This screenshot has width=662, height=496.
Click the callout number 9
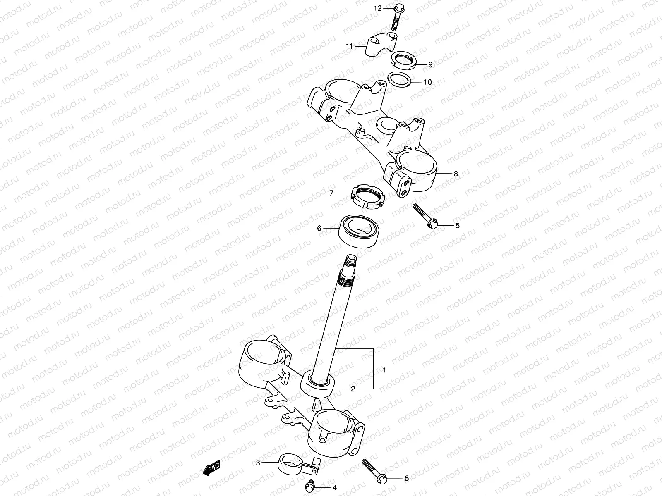(x=430, y=64)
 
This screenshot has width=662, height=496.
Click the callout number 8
(x=456, y=174)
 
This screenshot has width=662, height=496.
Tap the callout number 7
(x=331, y=193)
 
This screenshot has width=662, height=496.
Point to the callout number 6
(x=319, y=228)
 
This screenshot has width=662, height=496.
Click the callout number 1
(x=384, y=370)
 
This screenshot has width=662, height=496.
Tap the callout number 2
(x=353, y=389)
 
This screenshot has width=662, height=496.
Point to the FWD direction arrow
(x=211, y=468)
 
